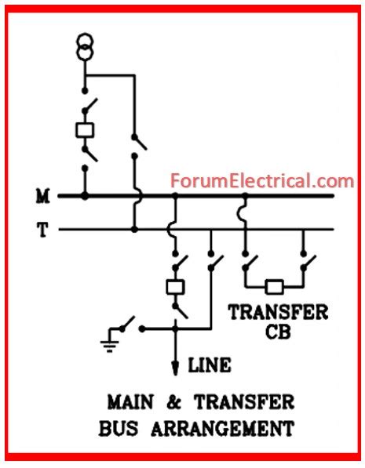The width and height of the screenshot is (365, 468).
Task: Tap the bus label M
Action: point(42,195)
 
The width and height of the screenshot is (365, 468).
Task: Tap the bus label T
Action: point(42,229)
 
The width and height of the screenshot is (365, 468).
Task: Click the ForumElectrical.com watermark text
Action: point(262,181)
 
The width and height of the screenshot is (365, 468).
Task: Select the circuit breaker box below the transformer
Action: point(85,130)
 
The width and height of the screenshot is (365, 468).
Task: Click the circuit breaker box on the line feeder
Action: point(175,286)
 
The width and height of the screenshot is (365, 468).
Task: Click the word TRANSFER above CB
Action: point(278,312)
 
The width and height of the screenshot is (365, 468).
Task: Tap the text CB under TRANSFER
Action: point(278,332)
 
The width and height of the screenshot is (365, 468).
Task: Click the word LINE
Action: point(210,365)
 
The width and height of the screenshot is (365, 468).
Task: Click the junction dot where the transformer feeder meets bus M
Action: point(85,195)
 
